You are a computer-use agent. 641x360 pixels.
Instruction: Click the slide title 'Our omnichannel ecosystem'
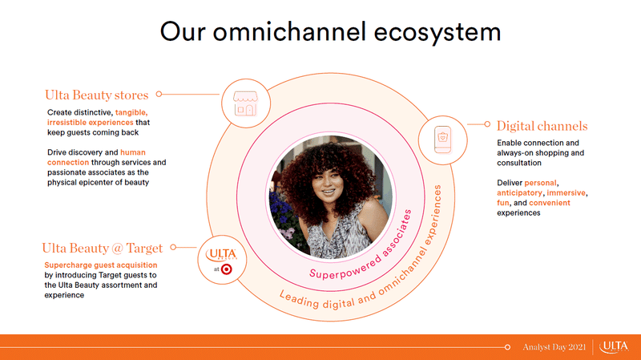pos(330,32)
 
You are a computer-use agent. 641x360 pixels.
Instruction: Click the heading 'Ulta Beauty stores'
pos(96,95)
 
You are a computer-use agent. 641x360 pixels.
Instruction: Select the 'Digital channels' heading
pos(542,126)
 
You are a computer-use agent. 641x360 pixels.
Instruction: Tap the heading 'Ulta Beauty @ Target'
pos(103,248)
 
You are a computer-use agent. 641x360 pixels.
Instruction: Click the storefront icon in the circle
pos(245,103)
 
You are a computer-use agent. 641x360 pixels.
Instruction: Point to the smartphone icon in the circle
pos(443,140)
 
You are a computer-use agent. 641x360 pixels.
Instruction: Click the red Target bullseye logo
pos(227,269)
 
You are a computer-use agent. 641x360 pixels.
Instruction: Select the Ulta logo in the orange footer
pos(614,347)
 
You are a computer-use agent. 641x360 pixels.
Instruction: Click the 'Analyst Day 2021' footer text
pos(554,347)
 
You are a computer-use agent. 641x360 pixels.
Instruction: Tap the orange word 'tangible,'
pos(131,112)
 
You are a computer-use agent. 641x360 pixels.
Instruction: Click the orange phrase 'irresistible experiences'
pos(90,123)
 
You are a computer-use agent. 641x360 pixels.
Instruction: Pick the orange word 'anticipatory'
pos(519,192)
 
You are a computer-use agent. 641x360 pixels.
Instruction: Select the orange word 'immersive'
pos(566,192)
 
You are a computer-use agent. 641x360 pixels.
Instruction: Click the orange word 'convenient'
pos(550,203)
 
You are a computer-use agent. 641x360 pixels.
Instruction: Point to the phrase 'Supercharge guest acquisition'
pos(101,265)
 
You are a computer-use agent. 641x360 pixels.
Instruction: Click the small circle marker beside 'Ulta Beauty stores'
pos(159,94)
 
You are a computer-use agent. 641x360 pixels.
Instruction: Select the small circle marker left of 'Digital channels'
pos(487,124)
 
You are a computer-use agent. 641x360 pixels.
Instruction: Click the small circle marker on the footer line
pos(507,347)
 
